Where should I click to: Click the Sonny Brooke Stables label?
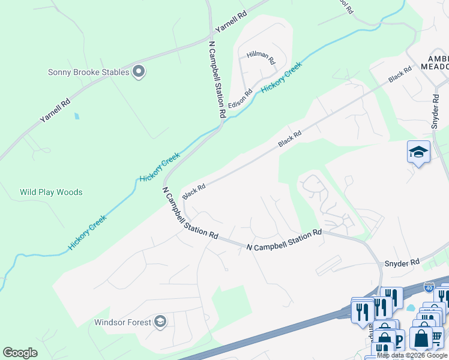(88, 72)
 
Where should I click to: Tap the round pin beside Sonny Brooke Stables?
(139, 72)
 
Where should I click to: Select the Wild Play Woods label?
(51, 192)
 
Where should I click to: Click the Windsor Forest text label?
(122, 322)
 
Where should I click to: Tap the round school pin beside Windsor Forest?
(160, 322)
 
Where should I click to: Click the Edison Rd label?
(244, 96)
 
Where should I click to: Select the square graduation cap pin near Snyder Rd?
(418, 152)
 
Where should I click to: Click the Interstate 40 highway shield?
(429, 288)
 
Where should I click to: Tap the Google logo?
(20, 353)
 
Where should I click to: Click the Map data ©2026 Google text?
(412, 355)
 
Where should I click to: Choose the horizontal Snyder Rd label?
(402, 263)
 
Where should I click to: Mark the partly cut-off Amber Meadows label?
(438, 62)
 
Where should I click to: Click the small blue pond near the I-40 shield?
(411, 308)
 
